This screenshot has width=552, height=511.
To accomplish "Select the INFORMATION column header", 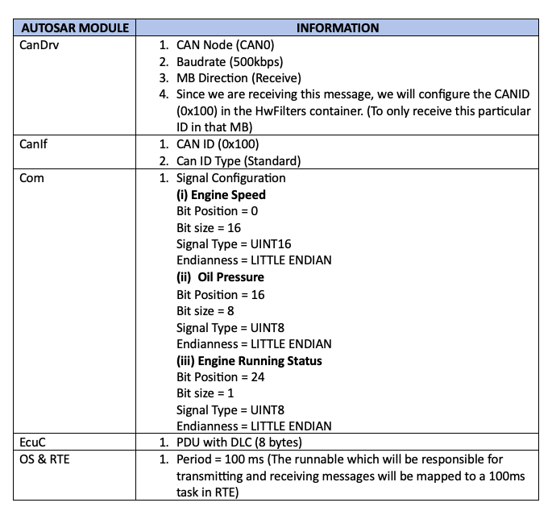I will [x=337, y=27].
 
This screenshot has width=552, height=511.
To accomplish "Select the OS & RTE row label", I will [x=46, y=459].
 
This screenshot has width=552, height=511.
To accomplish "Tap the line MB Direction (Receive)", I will [x=239, y=77].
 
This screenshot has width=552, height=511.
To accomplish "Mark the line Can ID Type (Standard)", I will [x=239, y=160].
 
